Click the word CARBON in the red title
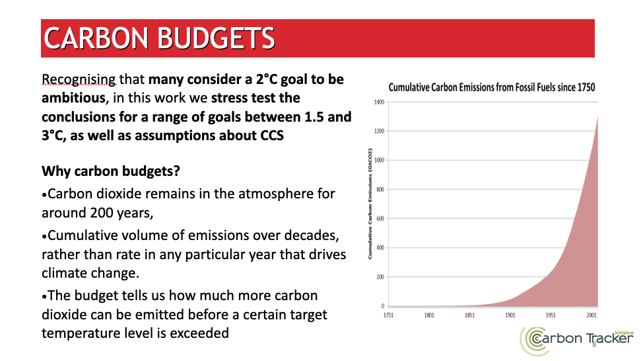click(96, 38)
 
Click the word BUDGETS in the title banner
click(216, 38)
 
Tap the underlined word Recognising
click(79, 80)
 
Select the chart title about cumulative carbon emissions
click(492, 87)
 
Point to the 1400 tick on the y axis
click(379, 102)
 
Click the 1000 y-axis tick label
click(379, 160)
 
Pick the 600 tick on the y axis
click(380, 219)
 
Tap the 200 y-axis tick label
click(380, 277)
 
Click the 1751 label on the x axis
click(389, 315)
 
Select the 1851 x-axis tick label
click(469, 315)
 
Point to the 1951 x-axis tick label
click(551, 315)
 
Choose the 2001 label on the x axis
click(591, 315)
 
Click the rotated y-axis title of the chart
click(370, 204)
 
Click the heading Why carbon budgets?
click(112, 171)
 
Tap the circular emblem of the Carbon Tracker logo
click(533, 339)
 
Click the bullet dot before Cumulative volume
click(44, 236)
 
